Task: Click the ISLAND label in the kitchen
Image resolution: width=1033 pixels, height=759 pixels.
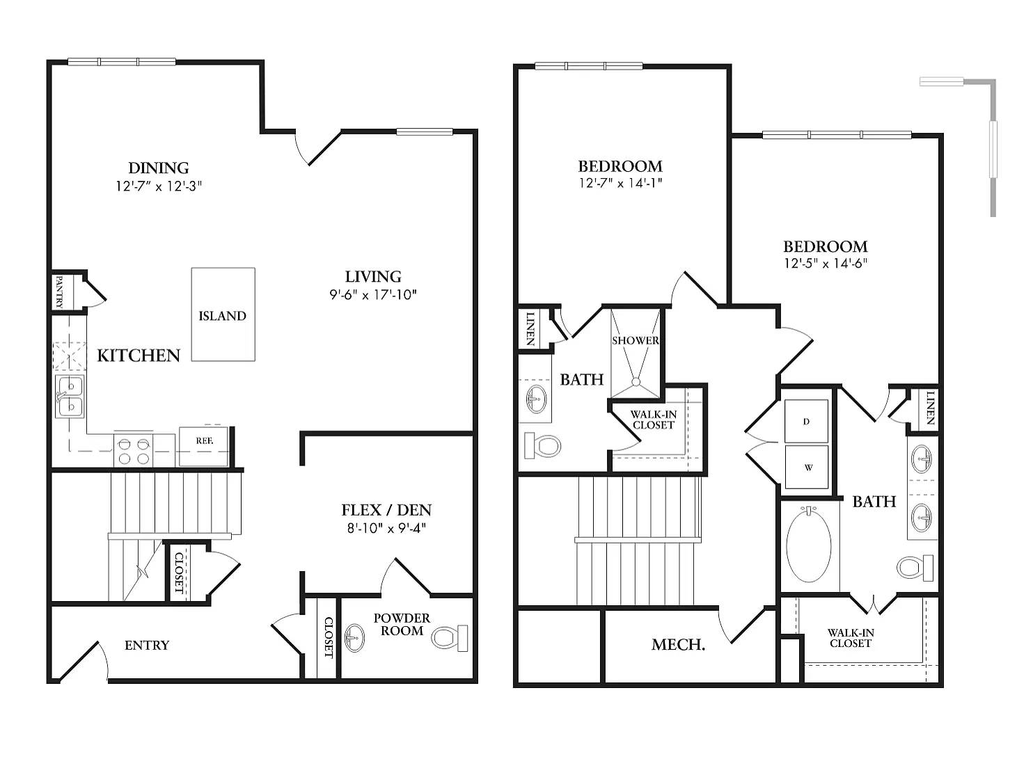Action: click(222, 316)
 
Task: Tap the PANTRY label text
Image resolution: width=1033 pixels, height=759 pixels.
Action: click(59, 291)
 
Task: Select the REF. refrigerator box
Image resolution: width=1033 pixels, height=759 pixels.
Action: click(204, 442)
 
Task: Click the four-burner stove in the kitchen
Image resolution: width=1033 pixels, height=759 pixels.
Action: click(134, 450)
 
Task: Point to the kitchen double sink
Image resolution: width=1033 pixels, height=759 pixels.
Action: click(70, 396)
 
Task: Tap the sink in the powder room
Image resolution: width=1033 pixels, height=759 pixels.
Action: click(355, 637)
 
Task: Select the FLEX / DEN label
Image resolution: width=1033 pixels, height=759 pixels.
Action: click(386, 510)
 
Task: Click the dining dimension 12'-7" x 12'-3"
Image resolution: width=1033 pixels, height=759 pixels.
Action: click(159, 186)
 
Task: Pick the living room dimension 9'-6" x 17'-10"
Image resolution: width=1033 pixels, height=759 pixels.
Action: click(373, 294)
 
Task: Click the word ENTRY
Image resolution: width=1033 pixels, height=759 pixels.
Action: click(147, 646)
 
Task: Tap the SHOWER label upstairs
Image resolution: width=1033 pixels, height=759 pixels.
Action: click(635, 341)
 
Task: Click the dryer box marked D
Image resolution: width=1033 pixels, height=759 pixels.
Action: click(807, 422)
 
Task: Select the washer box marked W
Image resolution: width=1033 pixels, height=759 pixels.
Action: click(808, 468)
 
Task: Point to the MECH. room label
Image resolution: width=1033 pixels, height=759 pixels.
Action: click(678, 645)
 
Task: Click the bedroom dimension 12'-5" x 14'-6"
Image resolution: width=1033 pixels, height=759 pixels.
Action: click(825, 264)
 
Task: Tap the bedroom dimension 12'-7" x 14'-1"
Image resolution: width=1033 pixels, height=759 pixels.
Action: click(620, 184)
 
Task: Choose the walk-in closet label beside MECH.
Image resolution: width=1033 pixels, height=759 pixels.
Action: click(851, 638)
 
